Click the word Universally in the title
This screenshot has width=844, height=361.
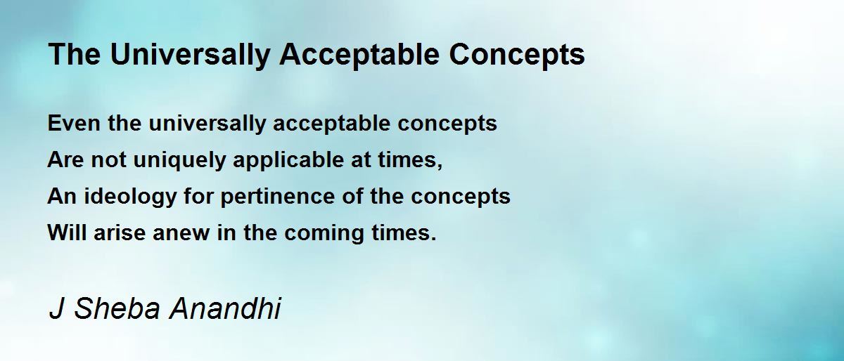click(x=190, y=55)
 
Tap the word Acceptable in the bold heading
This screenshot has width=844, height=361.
click(x=359, y=55)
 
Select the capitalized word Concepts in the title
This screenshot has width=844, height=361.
click(x=516, y=55)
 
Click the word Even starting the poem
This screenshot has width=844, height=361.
click(x=74, y=123)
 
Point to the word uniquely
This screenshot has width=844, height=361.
click(x=179, y=160)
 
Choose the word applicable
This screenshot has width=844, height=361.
click(x=288, y=160)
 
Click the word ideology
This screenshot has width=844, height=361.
click(x=130, y=197)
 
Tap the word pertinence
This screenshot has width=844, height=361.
click(x=277, y=197)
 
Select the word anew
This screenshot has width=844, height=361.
click(x=181, y=233)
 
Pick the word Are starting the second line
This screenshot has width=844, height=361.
click(x=65, y=159)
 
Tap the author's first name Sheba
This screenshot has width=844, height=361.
click(x=117, y=308)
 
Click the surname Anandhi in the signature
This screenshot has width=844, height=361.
click(x=225, y=308)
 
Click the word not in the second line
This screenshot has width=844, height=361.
click(x=108, y=160)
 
